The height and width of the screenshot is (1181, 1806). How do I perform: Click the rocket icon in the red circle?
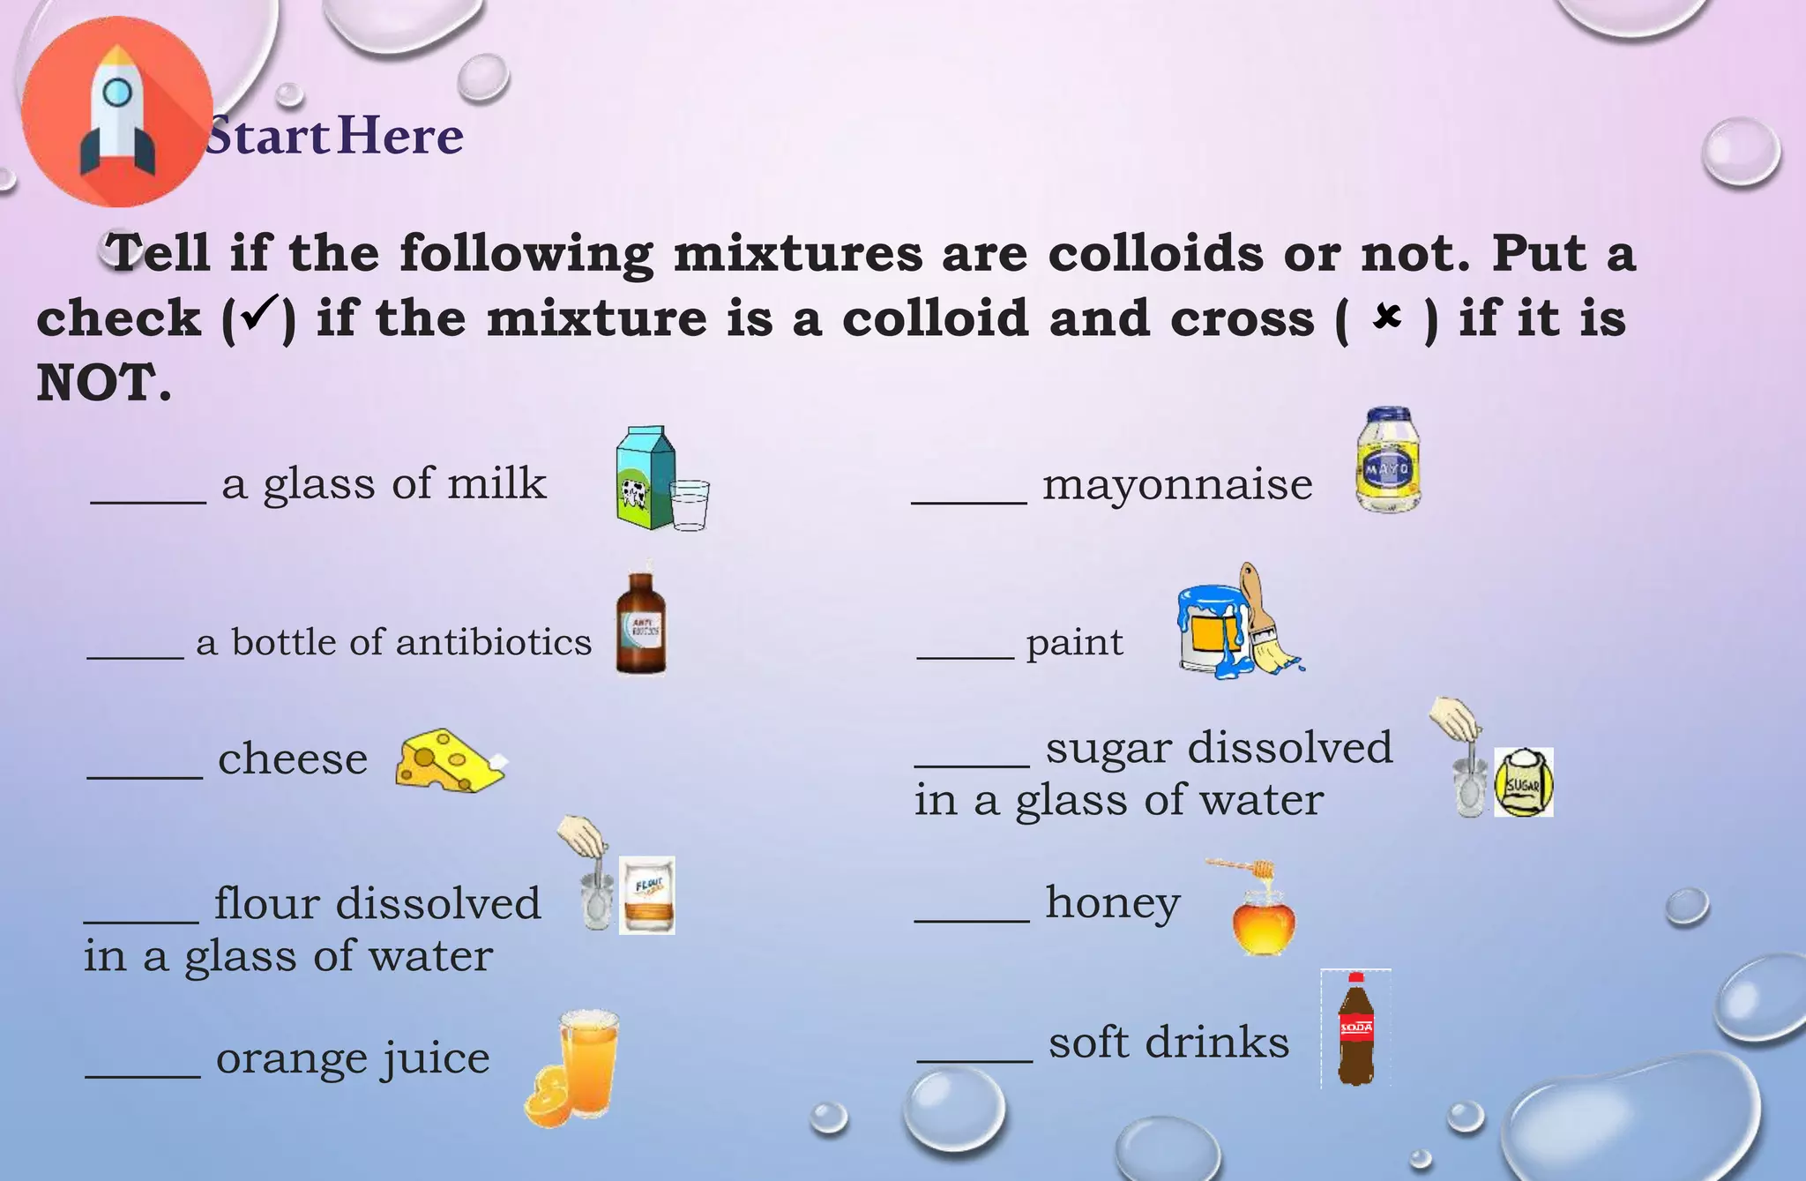pos(117,123)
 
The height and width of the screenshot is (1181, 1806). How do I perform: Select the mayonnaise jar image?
pos(1387,460)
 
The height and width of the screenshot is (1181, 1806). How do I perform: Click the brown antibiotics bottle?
pos(641,624)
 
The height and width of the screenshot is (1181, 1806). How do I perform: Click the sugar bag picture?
pos(1523,782)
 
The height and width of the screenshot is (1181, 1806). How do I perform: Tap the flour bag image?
pos(646,894)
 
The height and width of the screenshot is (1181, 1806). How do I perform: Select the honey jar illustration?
pos(1264,921)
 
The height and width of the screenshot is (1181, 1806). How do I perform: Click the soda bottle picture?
pos(1356,1030)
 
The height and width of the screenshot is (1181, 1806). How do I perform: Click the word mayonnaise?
pos(1177,484)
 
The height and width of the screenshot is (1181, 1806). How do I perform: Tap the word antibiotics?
pos(494,642)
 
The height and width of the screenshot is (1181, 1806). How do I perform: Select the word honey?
pos(1113,903)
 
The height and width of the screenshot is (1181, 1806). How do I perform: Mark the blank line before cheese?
pos(145,776)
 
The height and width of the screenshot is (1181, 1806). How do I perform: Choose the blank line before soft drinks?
pos(974,1058)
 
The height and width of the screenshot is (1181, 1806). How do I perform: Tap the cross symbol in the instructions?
pos(1387,317)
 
